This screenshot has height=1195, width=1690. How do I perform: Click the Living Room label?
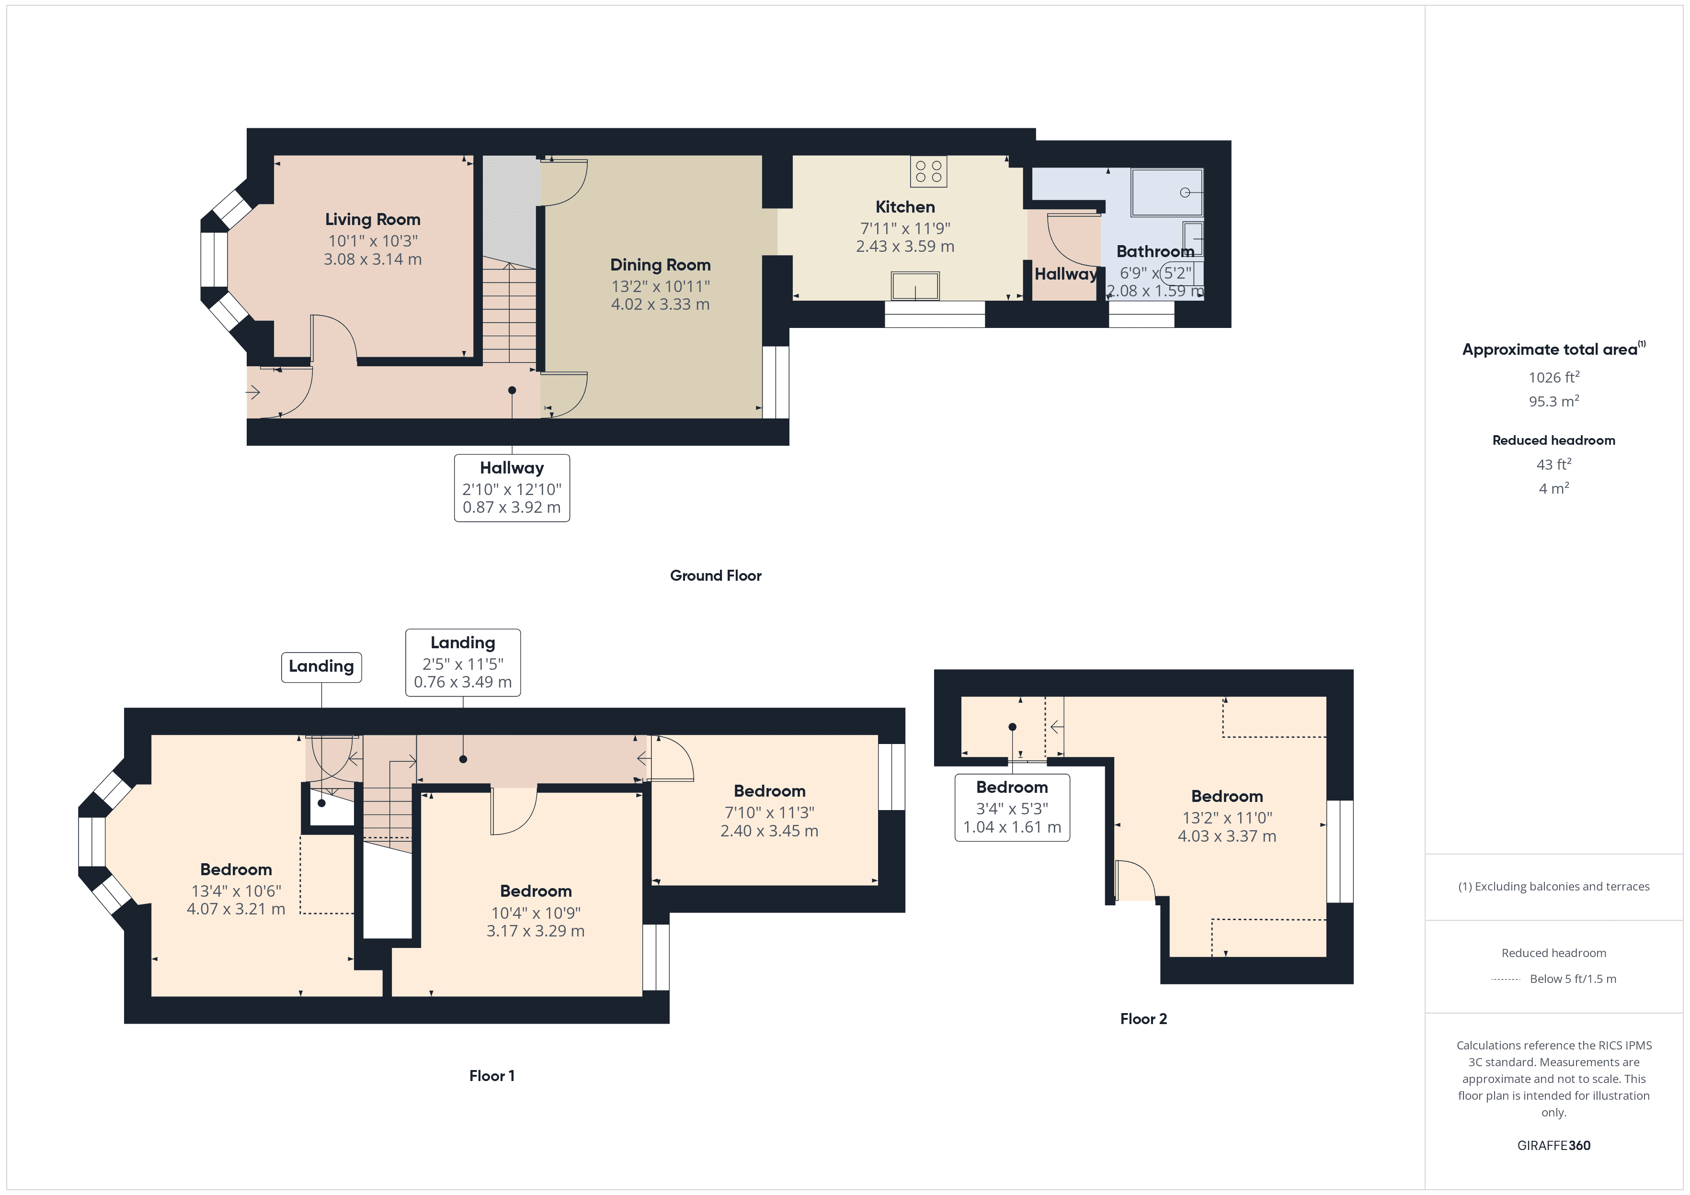[x=373, y=219]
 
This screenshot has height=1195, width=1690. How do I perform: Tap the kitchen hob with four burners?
[x=928, y=171]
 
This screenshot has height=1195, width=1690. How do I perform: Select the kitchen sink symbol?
[x=915, y=286]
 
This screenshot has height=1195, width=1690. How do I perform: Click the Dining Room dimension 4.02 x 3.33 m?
[x=660, y=304]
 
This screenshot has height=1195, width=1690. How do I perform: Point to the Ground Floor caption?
[x=716, y=575]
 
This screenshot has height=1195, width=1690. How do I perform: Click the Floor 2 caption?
[x=1143, y=1018]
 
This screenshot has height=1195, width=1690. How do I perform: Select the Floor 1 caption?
[x=491, y=1076]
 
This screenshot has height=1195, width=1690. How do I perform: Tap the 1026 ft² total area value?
[x=1553, y=377]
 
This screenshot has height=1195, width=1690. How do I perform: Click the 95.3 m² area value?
[x=1553, y=402]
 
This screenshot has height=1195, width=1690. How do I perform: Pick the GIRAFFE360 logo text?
[x=1553, y=1146]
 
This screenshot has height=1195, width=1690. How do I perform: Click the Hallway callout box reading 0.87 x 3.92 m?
[x=512, y=488]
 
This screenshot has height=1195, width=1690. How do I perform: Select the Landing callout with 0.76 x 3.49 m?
[x=463, y=662]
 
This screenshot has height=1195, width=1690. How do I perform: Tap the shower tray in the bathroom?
[x=1166, y=192]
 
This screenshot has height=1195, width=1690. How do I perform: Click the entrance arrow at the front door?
[x=253, y=392]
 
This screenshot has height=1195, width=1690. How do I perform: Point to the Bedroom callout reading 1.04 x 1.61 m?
[x=1012, y=807]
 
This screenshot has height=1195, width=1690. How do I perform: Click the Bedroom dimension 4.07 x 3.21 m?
[x=236, y=909]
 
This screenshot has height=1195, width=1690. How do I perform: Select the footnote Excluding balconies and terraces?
[x=1553, y=887]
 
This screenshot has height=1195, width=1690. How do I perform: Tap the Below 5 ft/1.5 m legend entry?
[x=1572, y=979]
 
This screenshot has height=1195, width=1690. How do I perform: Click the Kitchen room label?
[x=904, y=207]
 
